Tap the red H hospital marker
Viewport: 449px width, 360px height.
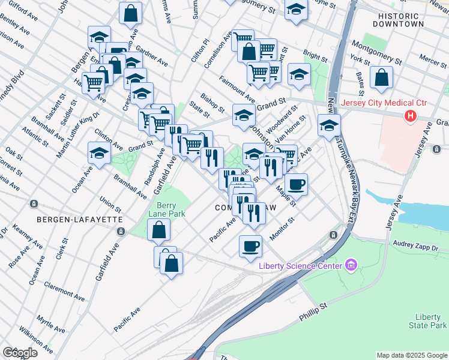coord(411,116)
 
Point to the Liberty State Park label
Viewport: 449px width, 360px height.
coord(430,321)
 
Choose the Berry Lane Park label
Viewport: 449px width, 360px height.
coord(167,209)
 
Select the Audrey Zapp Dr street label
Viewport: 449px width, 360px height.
coord(416,245)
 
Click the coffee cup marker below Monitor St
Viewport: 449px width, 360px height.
coord(250,245)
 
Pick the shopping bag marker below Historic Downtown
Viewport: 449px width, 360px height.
coord(381,77)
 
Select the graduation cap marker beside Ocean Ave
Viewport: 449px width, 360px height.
coord(99,153)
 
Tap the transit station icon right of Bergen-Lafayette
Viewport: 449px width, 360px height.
coord(121,232)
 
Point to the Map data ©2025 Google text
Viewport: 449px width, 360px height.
coord(412,355)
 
